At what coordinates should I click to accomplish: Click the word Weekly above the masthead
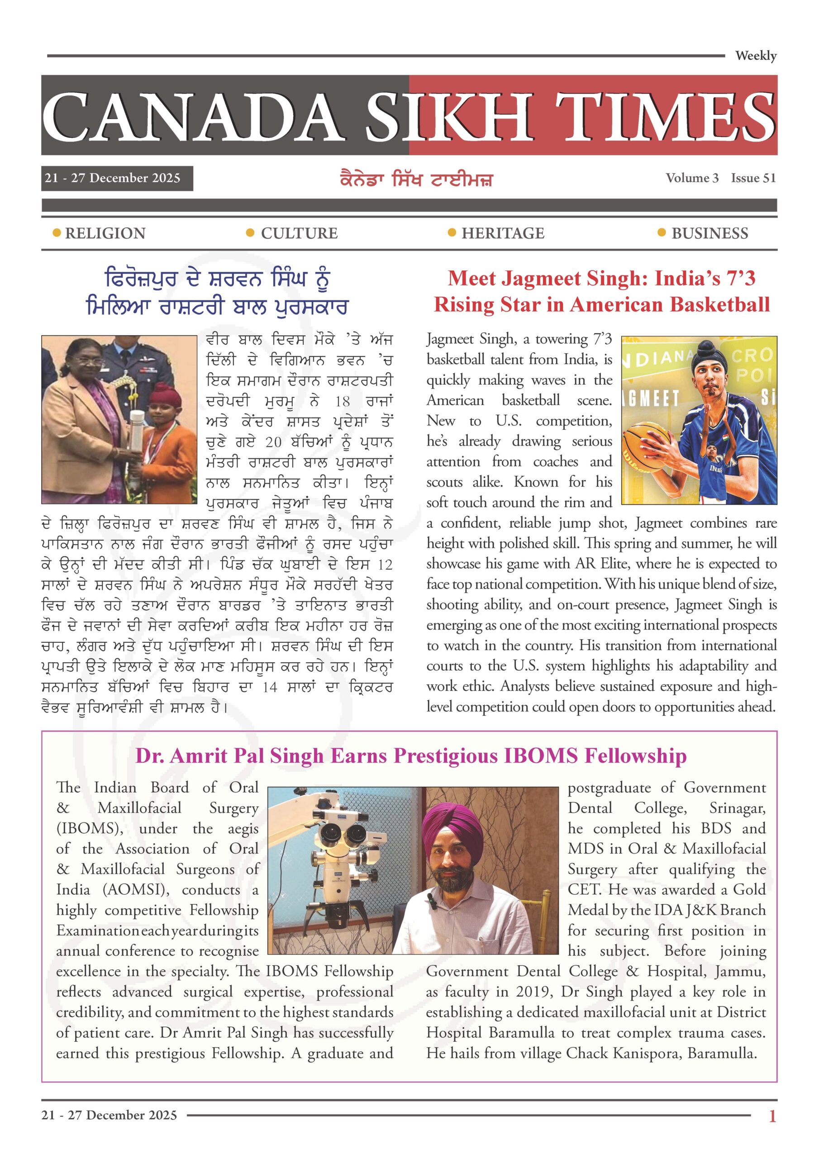[755, 56]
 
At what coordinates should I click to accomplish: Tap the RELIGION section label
[105, 233]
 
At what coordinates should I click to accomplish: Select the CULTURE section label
[299, 233]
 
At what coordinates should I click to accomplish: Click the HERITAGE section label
[503, 233]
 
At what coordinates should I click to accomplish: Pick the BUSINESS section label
[709, 233]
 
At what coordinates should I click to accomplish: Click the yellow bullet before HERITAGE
[452, 233]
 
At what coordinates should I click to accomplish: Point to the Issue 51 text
[753, 178]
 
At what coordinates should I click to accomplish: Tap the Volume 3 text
[692, 178]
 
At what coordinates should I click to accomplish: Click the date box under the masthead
[117, 178]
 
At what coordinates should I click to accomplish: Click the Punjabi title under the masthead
[416, 180]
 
